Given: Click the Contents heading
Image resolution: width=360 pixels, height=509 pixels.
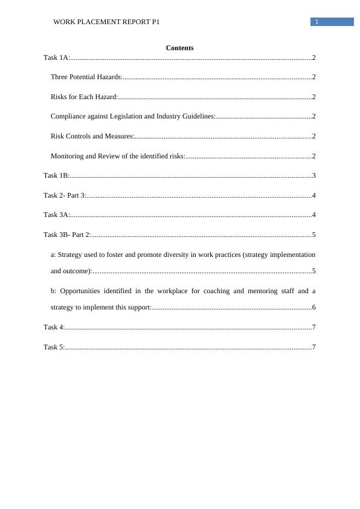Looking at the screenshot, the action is (x=179, y=48).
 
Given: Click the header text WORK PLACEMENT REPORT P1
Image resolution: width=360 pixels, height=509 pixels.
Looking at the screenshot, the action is (x=106, y=22).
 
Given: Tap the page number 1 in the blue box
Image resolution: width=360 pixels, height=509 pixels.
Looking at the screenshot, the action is (x=316, y=22).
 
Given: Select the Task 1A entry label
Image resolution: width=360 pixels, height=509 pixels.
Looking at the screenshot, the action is (x=57, y=57).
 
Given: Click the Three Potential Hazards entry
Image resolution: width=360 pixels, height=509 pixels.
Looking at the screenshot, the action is (x=86, y=77).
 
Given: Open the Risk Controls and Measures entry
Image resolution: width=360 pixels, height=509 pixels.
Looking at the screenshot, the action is (x=92, y=136).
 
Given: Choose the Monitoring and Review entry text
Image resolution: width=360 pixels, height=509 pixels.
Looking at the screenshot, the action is (x=118, y=156).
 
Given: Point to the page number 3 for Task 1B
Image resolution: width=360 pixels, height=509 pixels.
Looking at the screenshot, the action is (x=314, y=175).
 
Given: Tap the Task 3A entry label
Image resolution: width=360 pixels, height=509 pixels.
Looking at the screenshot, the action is (x=57, y=215).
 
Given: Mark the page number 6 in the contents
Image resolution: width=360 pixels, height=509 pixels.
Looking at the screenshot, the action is (x=314, y=307).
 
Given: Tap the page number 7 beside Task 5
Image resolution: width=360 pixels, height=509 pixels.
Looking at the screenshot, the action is (x=314, y=347).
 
